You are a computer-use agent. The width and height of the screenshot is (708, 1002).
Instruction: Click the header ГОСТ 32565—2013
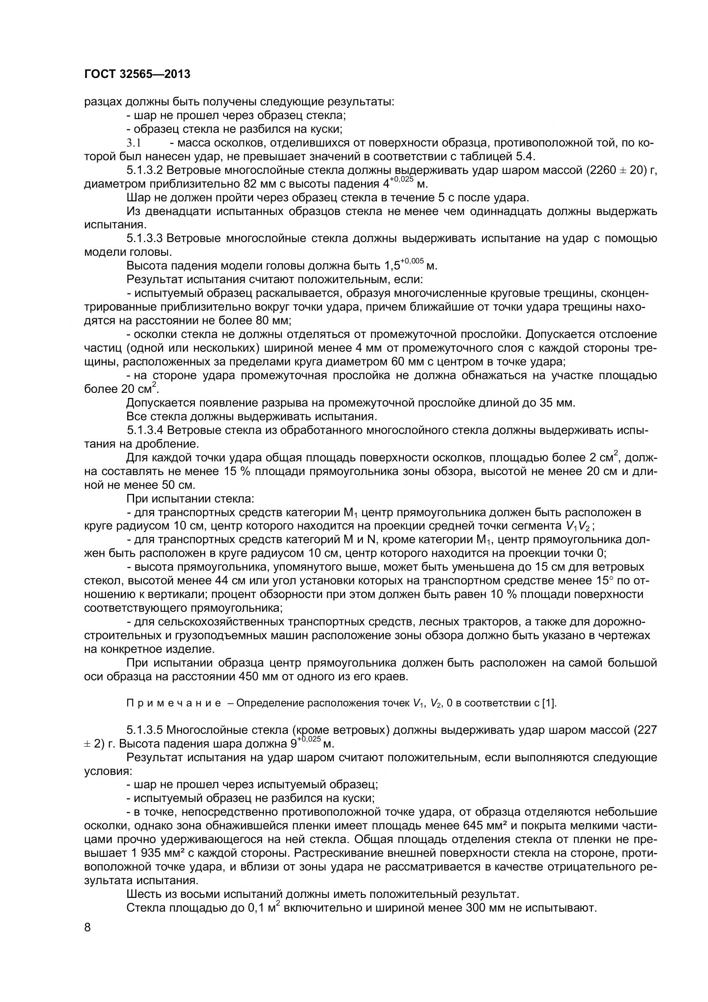click(137, 75)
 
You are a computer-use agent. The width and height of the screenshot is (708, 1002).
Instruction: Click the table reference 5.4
click(526, 156)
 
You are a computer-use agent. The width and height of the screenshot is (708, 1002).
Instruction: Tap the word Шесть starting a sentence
click(142, 894)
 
